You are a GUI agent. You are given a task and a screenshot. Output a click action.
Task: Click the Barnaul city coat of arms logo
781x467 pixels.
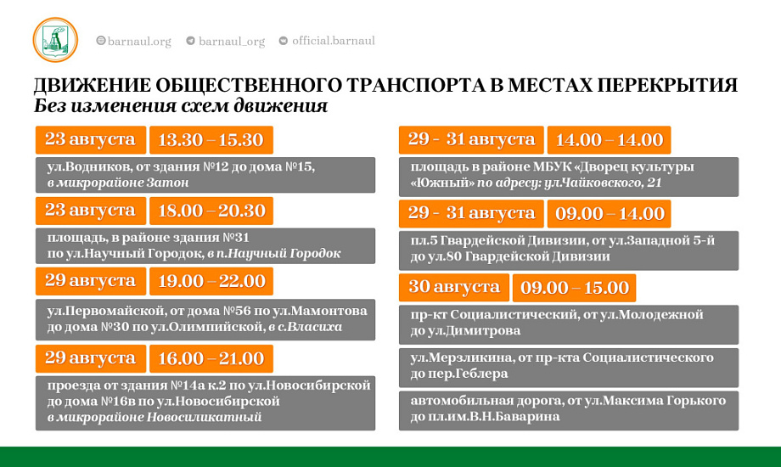coord(55,40)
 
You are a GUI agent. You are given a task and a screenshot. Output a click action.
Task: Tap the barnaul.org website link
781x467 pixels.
coord(133,41)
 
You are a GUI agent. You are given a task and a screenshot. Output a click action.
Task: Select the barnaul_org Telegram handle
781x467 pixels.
coord(226,41)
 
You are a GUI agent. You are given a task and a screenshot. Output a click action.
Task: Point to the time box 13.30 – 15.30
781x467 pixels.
coord(211,140)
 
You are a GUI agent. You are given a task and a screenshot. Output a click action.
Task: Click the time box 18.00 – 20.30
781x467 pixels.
coord(211,211)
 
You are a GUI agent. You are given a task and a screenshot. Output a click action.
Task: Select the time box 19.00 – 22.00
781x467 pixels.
coord(211,281)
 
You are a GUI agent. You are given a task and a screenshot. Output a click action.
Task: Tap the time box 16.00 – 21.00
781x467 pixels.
coord(211,359)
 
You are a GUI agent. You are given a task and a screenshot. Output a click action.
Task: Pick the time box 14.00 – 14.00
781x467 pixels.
coord(610,140)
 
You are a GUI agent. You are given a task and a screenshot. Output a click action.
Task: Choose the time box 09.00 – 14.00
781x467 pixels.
coord(610,214)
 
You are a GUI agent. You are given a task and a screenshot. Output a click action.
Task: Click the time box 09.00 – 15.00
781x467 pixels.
coord(575,288)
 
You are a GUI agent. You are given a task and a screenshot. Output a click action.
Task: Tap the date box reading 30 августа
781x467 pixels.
coord(454,288)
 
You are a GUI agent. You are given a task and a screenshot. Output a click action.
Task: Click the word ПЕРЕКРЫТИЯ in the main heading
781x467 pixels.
coord(667,85)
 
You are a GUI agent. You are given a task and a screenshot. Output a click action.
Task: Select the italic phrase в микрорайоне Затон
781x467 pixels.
coord(118,183)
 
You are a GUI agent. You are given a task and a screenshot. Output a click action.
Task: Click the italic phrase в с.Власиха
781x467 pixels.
coord(306,328)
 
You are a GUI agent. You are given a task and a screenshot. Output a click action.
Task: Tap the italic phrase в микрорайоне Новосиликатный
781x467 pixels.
coord(155,417)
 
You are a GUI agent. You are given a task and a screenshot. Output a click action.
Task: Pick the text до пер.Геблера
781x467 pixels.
coord(459,374)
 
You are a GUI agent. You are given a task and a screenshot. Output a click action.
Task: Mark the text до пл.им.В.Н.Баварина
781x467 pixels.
coord(485,417)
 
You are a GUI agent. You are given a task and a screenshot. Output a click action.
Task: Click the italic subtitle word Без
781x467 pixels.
coord(50,106)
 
